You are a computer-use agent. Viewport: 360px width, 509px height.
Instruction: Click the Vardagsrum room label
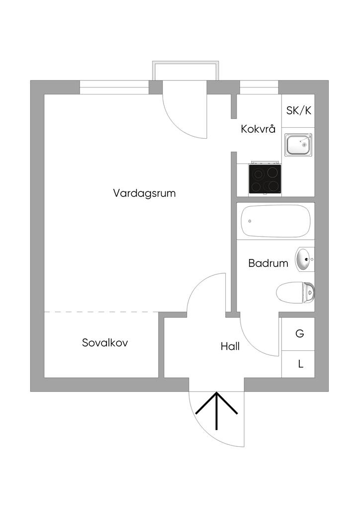pos(144,193)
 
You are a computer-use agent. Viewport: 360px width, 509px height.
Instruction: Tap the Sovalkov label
pos(105,342)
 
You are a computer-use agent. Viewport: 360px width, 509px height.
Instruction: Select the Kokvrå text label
pos(258,129)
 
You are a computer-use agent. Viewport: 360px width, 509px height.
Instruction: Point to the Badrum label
pos(268,263)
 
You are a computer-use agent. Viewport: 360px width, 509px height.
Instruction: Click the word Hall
pos(230,346)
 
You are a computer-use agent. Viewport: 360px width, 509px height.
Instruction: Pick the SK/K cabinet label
pos(299,110)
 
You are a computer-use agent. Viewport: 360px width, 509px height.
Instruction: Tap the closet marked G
pos(299,334)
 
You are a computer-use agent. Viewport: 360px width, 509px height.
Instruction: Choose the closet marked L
pos(300,364)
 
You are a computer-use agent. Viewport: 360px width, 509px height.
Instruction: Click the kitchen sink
pos(298,145)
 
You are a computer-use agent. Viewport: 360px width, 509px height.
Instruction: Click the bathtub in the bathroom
pos(275,221)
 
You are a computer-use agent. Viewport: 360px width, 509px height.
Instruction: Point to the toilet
pos(296,293)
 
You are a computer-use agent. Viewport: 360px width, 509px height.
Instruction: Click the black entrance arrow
pos(217,410)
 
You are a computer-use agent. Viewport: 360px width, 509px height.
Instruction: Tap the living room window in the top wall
pos(114,87)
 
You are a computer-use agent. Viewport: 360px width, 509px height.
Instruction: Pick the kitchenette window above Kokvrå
pos(259,87)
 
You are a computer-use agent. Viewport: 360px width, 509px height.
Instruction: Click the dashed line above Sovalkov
pos(101,312)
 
